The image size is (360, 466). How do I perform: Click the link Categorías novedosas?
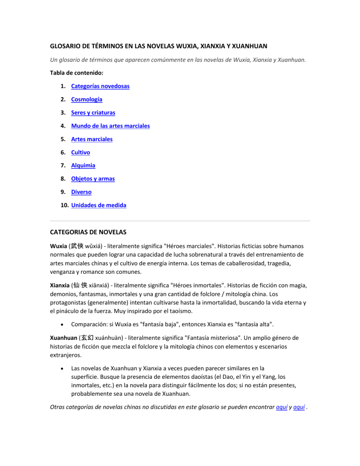pyautogui.click(x=100, y=86)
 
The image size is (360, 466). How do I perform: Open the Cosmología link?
pyautogui.click(x=87, y=99)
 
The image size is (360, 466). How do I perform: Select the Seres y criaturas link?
pyautogui.click(x=93, y=113)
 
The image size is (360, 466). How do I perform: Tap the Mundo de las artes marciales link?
pyautogui.click(x=111, y=126)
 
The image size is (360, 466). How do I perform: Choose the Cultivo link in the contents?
pyautogui.click(x=81, y=152)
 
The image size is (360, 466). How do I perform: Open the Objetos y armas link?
pyautogui.click(x=93, y=179)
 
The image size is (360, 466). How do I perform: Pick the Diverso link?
pyautogui.click(x=82, y=192)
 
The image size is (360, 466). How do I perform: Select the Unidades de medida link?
pyautogui.click(x=98, y=205)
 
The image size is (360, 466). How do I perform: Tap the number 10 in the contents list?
pyautogui.click(x=64, y=205)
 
